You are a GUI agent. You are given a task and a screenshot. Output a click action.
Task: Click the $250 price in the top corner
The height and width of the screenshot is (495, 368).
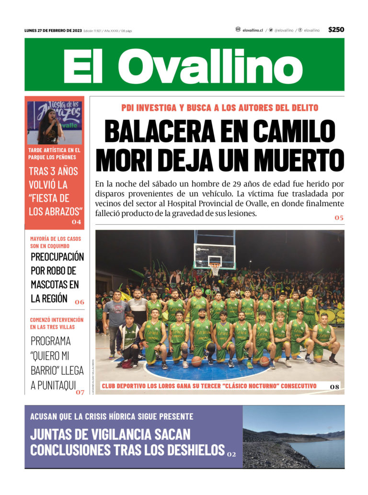(336, 30)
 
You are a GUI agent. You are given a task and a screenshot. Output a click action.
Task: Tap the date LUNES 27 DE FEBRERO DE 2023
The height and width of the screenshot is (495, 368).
(53, 31)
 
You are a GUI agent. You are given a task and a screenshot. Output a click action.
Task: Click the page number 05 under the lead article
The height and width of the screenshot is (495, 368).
(339, 218)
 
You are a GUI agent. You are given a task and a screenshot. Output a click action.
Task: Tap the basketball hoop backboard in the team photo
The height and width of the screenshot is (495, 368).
(214, 251)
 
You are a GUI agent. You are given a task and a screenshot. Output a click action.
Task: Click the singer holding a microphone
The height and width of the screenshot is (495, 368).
(49, 127)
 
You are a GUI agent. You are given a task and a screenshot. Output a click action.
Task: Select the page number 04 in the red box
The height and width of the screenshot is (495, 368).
(76, 222)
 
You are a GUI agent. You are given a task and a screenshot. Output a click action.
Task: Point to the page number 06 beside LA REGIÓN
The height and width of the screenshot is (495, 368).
(79, 302)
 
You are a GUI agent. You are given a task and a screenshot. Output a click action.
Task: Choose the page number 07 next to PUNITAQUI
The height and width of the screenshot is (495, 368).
(80, 392)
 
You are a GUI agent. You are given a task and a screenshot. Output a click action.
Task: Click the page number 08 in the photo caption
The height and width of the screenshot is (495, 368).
(335, 386)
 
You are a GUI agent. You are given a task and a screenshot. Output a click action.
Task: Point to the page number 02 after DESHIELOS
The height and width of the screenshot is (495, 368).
(231, 454)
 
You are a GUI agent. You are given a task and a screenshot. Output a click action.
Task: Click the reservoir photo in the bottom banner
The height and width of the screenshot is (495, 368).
(293, 437)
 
